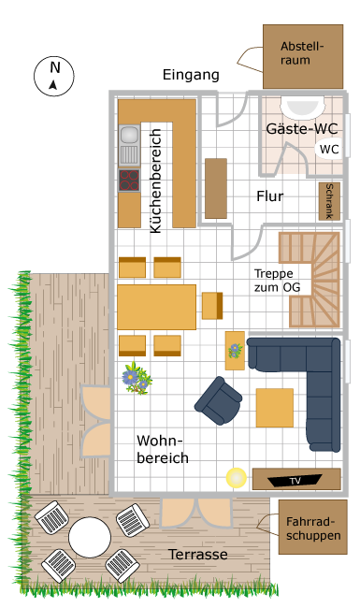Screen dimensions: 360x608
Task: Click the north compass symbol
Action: coord(54,77)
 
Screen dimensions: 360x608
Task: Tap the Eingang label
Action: coord(191,75)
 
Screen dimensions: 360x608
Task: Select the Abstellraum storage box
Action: coord(303,57)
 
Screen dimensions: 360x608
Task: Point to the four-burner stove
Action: coord(129,181)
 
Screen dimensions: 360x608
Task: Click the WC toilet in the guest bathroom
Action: coord(328,149)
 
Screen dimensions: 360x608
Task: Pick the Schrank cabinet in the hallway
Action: coord(329,202)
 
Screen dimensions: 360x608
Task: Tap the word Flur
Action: coord(269,196)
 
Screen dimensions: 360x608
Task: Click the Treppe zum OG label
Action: coord(278,281)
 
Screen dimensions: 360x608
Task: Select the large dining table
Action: coord(156,307)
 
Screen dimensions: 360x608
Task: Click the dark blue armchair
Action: coord(219,400)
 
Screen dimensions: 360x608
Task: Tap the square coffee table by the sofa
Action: coord(275,408)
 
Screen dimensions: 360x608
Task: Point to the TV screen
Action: coord(295,481)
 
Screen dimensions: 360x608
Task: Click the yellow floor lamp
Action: coord(237,478)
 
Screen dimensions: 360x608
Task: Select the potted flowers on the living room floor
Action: coord(137,379)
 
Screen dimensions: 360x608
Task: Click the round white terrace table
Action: coord(90,538)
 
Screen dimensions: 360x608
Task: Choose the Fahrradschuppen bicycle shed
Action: coord(312,527)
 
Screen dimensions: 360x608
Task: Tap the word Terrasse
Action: coord(197,555)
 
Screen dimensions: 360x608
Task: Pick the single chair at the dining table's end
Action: coord(212,306)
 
